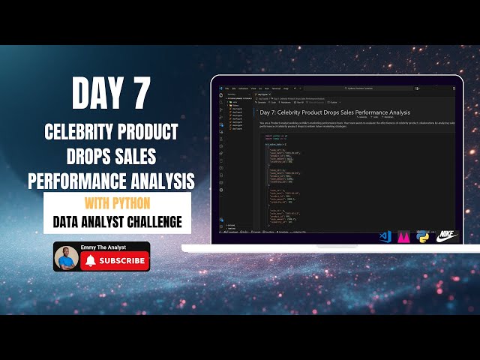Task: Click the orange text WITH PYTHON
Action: [117, 204]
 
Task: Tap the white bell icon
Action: [91, 260]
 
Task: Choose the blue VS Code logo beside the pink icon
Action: [385, 236]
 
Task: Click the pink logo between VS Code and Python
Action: [405, 236]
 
